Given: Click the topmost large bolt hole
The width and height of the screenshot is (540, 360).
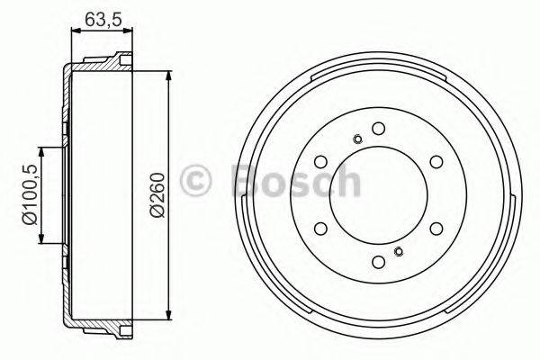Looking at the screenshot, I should tap(379, 127).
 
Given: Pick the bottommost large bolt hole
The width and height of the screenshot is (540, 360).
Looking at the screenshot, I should tap(379, 261).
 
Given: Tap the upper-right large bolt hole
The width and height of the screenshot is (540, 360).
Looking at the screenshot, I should tap(436, 161).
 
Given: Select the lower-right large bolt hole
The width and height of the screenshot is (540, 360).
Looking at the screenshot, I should tap(436, 228).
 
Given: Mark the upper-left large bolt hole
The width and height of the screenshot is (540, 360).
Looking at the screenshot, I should tap(321, 161).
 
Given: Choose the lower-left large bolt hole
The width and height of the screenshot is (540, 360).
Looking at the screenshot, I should tap(321, 228).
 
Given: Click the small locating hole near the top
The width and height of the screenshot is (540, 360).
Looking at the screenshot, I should tap(358, 139).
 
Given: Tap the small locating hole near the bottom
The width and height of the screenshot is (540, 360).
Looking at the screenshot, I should tap(400, 250).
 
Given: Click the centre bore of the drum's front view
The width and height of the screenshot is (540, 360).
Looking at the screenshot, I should tap(379, 194).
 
